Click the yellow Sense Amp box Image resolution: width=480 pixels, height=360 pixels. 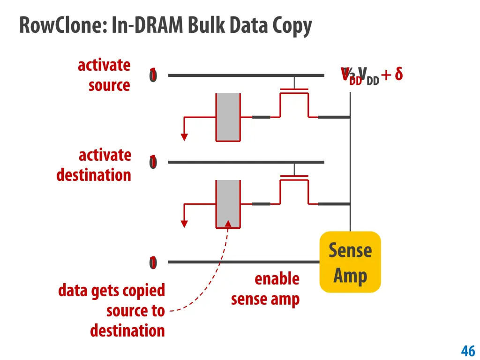pyautogui.click(x=350, y=262)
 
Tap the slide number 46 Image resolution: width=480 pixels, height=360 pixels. pyautogui.click(x=468, y=350)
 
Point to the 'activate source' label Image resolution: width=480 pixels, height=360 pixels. pyautogui.click(x=105, y=75)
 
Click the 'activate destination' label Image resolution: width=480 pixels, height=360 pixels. pyautogui.click(x=94, y=165)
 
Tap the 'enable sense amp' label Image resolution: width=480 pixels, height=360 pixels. pyautogui.click(x=265, y=289)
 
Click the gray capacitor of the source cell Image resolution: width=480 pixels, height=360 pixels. pyautogui.click(x=228, y=117)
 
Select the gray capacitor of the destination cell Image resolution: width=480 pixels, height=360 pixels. pyautogui.click(x=228, y=204)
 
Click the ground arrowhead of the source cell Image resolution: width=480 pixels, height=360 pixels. pyautogui.click(x=184, y=137)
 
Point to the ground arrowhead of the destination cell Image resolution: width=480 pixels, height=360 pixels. pyautogui.click(x=184, y=224)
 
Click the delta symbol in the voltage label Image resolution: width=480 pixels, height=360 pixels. pyautogui.click(x=398, y=74)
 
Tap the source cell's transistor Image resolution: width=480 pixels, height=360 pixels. pyautogui.click(x=294, y=101)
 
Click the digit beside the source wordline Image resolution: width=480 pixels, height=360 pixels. pyautogui.click(x=153, y=75)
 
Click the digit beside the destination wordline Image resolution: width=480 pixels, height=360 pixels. pyautogui.click(x=153, y=162)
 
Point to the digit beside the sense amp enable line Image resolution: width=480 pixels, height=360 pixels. pyautogui.click(x=153, y=262)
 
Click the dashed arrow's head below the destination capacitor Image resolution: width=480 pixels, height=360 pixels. pyautogui.click(x=228, y=223)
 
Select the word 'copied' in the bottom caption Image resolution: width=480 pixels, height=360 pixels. pyautogui.click(x=146, y=291)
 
